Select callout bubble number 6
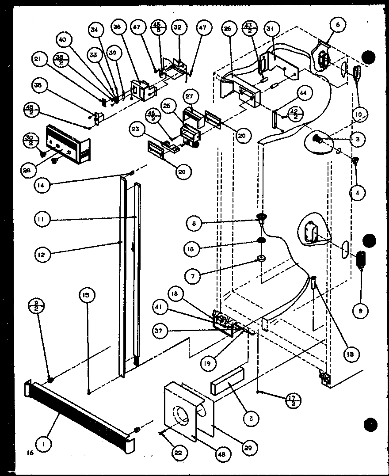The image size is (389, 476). point(338,25)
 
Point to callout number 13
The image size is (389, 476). point(353,354)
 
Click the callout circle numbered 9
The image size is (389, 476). point(360,311)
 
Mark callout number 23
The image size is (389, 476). point(137,130)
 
